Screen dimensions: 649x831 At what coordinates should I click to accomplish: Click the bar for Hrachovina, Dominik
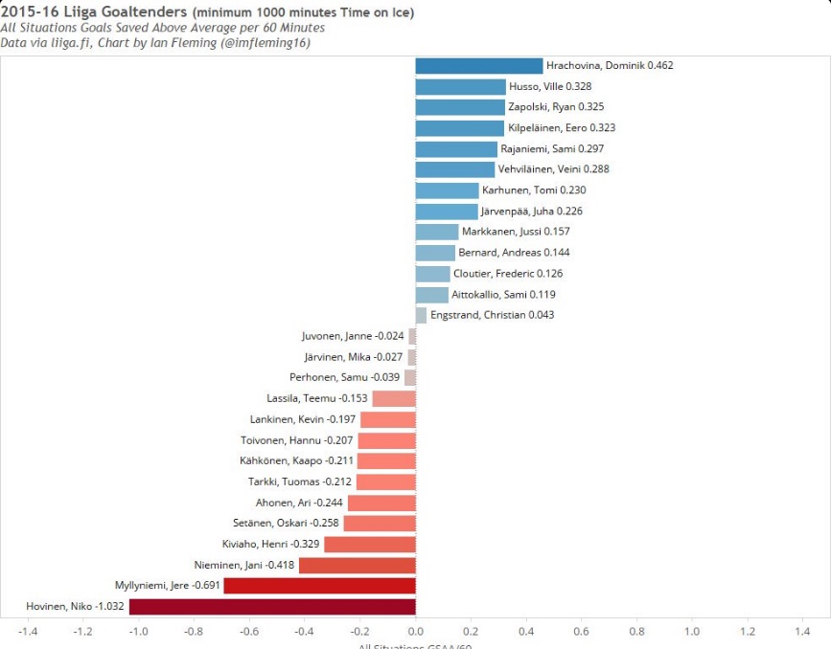point(478,66)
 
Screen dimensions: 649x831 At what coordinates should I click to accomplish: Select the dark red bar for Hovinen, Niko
point(272,606)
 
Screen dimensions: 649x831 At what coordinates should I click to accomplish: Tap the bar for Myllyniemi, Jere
point(319,585)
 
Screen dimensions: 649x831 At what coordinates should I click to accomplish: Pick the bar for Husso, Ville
point(460,87)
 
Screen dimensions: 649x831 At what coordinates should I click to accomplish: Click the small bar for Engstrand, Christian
point(421,315)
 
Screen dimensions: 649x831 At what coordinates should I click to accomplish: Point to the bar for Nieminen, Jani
point(357,565)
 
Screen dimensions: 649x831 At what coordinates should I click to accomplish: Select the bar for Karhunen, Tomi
point(447,190)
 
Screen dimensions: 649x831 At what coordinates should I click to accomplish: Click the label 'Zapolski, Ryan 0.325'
point(556,107)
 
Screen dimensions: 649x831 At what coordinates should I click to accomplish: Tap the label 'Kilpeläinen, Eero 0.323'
point(562,128)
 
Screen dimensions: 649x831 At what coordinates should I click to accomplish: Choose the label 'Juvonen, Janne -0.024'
point(353,336)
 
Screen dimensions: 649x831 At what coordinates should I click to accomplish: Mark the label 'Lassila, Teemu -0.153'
point(317,398)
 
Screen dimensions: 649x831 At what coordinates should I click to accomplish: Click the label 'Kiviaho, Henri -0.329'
point(269,544)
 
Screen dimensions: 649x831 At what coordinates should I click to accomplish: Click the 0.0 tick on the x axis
point(415,632)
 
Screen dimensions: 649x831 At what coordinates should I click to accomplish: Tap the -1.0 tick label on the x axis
point(138,632)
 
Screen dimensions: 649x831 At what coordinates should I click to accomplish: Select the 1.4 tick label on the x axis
point(802,632)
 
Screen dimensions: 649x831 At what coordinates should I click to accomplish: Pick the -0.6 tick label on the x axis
point(249,632)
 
